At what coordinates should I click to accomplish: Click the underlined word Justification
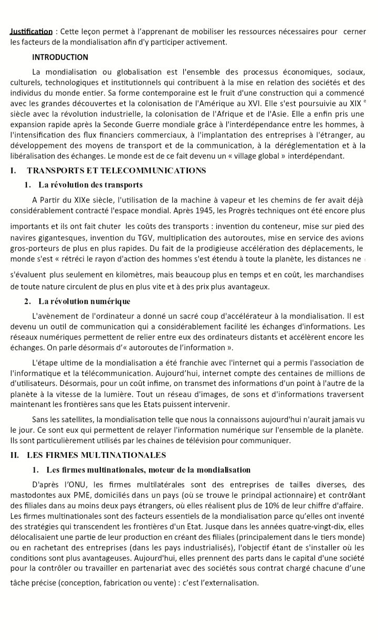click(x=31, y=32)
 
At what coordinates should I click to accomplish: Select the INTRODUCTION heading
click(x=60, y=57)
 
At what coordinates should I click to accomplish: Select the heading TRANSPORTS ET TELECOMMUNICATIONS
click(x=116, y=171)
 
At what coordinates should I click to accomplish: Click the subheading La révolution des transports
click(x=90, y=185)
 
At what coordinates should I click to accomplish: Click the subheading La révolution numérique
click(x=85, y=301)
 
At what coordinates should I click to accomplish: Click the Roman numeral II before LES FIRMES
click(x=14, y=455)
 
